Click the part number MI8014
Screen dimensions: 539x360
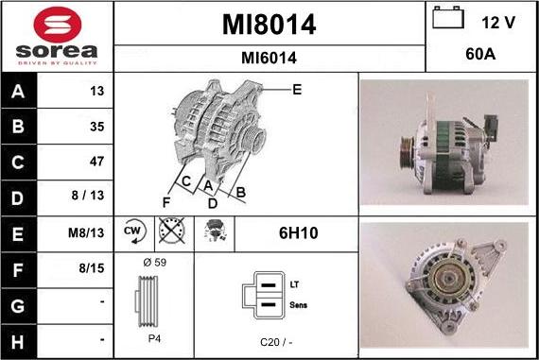269,25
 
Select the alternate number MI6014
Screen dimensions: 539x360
269,58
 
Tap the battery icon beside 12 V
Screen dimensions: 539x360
448,17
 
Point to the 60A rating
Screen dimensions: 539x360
480,54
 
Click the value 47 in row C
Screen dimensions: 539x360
96,162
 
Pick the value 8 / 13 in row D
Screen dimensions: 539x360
88,195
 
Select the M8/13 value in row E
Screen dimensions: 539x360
86,232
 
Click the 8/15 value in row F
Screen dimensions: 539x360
92,268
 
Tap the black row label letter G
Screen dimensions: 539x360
18,306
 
